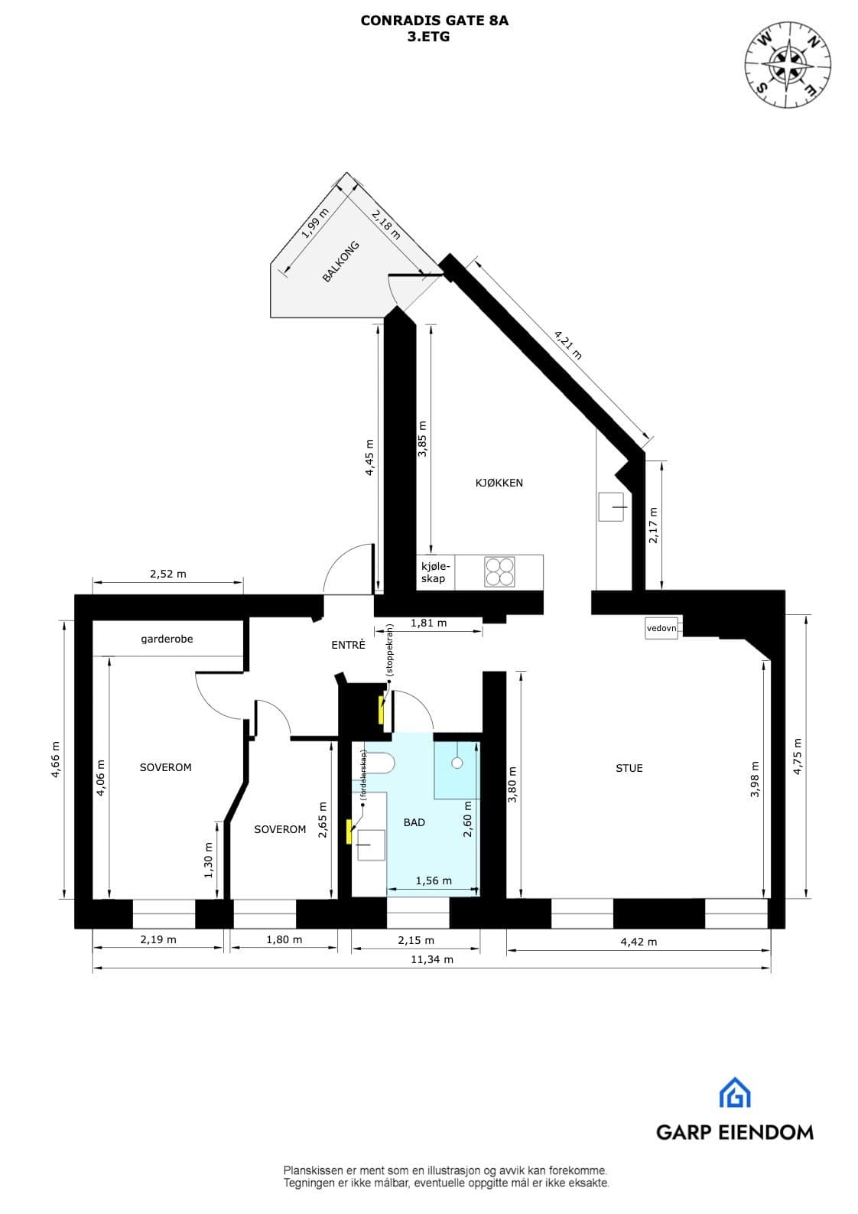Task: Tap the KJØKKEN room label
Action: click(x=499, y=483)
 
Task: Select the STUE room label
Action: click(x=629, y=768)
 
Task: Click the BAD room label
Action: click(x=414, y=822)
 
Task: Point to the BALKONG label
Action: click(x=340, y=262)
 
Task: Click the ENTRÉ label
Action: click(x=348, y=645)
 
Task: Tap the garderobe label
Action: click(x=167, y=639)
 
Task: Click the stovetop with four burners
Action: click(x=499, y=572)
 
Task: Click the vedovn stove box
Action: click(x=661, y=628)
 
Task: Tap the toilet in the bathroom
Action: click(x=380, y=763)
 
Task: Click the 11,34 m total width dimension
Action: click(x=432, y=959)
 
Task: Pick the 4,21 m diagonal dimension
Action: click(x=567, y=343)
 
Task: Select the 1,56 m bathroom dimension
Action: click(x=434, y=880)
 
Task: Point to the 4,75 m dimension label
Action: click(x=798, y=756)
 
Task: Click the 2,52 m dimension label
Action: click(x=167, y=574)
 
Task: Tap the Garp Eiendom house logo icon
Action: click(x=734, y=1092)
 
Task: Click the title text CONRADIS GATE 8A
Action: click(x=434, y=21)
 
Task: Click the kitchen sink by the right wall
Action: click(x=611, y=506)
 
